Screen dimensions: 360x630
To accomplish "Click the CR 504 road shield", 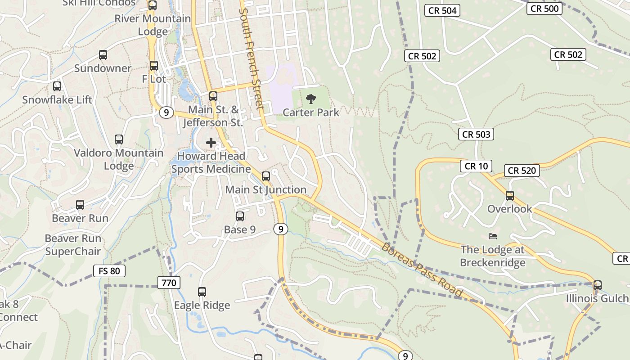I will point(443,10).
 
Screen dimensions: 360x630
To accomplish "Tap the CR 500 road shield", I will point(544,9).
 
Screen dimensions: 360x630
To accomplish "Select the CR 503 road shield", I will point(476,134).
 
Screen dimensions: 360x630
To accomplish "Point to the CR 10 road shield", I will point(476,166).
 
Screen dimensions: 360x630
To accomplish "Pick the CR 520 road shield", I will point(522,171).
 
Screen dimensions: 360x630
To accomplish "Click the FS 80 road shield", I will point(109,271).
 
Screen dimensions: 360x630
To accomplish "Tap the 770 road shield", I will point(169,283).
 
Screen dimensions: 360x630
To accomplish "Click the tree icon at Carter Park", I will point(310,99).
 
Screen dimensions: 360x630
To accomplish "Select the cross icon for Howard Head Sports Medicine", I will point(211,143).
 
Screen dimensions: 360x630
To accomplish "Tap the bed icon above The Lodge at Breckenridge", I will point(493,236).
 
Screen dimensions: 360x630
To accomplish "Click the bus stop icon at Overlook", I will point(510,196).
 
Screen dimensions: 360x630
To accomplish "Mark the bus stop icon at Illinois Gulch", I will point(597,285).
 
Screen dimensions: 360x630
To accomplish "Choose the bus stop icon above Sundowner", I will point(103,55).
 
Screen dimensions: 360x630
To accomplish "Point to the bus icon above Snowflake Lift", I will point(57,86).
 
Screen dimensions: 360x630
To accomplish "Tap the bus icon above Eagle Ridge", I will point(202,292).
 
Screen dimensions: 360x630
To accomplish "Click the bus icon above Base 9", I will point(240,216).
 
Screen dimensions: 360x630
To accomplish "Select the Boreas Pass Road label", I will point(422,270).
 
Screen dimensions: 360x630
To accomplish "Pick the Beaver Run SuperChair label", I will point(73,245).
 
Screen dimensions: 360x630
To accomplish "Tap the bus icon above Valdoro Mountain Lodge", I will point(119,139).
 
